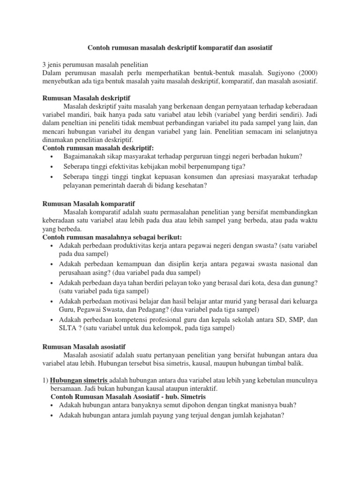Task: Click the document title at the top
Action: pyautogui.click(x=180, y=48)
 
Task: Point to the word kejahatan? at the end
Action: pyautogui.click(x=267, y=415)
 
